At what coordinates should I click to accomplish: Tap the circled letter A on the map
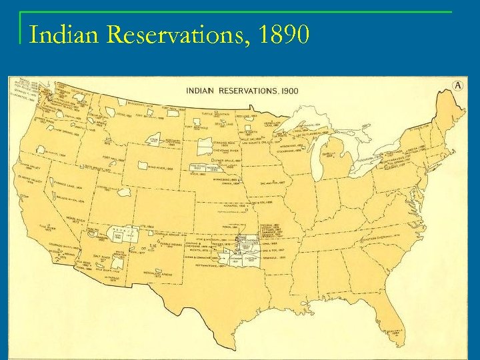(x=458, y=85)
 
